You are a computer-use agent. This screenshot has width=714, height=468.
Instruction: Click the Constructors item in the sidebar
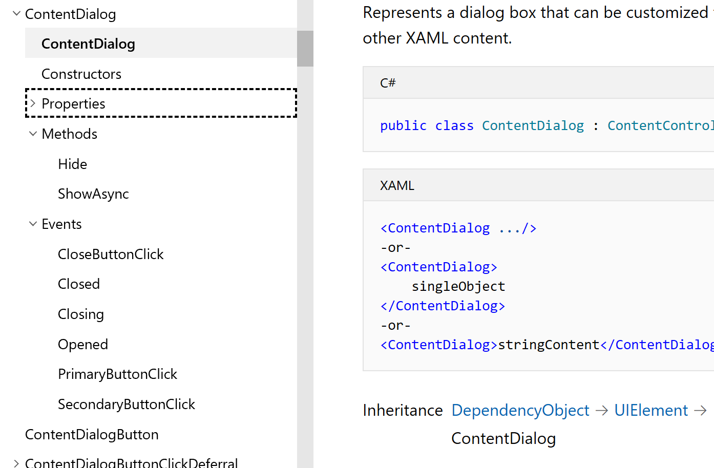tap(81, 74)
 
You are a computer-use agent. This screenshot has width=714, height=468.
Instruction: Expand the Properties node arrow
tap(33, 103)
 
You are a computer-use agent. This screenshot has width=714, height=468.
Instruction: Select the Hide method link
tap(72, 164)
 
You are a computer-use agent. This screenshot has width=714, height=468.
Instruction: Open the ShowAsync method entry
tap(93, 194)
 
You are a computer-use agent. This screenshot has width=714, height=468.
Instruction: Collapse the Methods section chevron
tap(33, 134)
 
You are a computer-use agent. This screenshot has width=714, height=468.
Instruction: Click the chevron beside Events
tap(33, 224)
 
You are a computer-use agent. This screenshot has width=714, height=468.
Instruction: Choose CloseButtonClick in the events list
tap(111, 254)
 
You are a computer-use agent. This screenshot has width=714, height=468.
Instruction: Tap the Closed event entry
tap(79, 284)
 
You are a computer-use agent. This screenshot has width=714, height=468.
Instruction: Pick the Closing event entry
tap(81, 314)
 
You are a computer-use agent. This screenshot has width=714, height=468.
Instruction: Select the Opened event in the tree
tap(83, 345)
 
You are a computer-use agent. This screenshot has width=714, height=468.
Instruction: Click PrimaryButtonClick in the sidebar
tap(117, 374)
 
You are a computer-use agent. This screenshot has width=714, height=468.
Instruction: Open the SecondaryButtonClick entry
tap(127, 405)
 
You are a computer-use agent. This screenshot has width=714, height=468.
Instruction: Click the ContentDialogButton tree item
tap(92, 435)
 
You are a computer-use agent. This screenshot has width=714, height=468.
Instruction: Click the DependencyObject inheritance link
tap(520, 411)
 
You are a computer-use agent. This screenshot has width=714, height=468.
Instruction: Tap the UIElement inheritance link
tap(651, 411)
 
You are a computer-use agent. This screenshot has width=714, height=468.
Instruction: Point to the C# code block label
tap(388, 83)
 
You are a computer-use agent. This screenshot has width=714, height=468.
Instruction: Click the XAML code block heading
tap(397, 185)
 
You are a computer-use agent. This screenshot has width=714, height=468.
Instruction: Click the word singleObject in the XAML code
tap(458, 286)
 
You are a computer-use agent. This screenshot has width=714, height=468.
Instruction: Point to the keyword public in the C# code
tap(403, 126)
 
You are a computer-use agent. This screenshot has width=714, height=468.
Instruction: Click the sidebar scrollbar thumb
tap(305, 49)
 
